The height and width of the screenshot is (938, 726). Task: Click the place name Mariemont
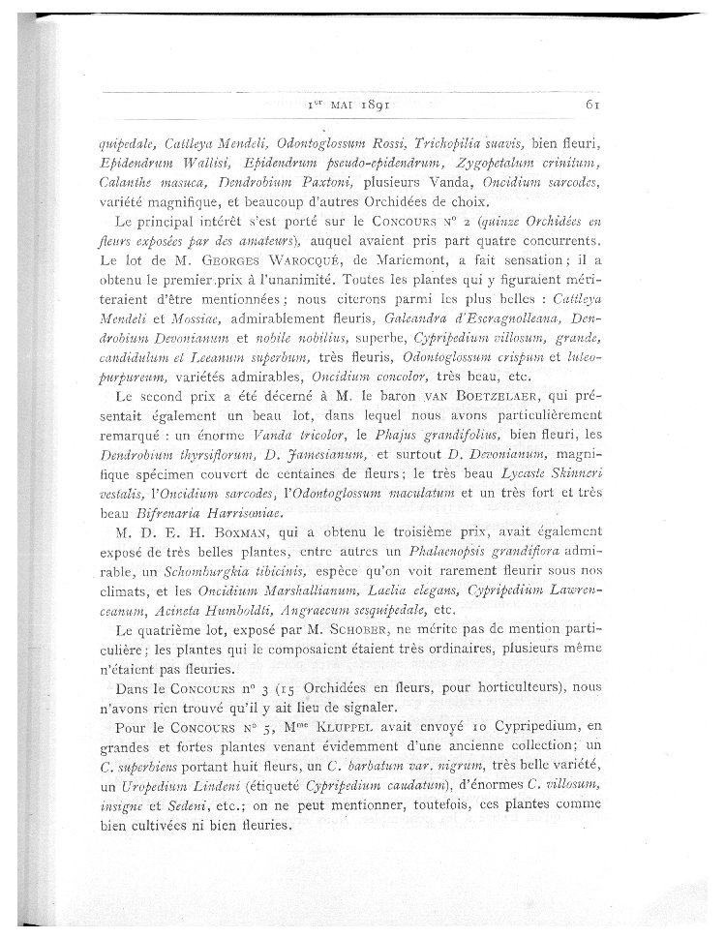click(x=436, y=266)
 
